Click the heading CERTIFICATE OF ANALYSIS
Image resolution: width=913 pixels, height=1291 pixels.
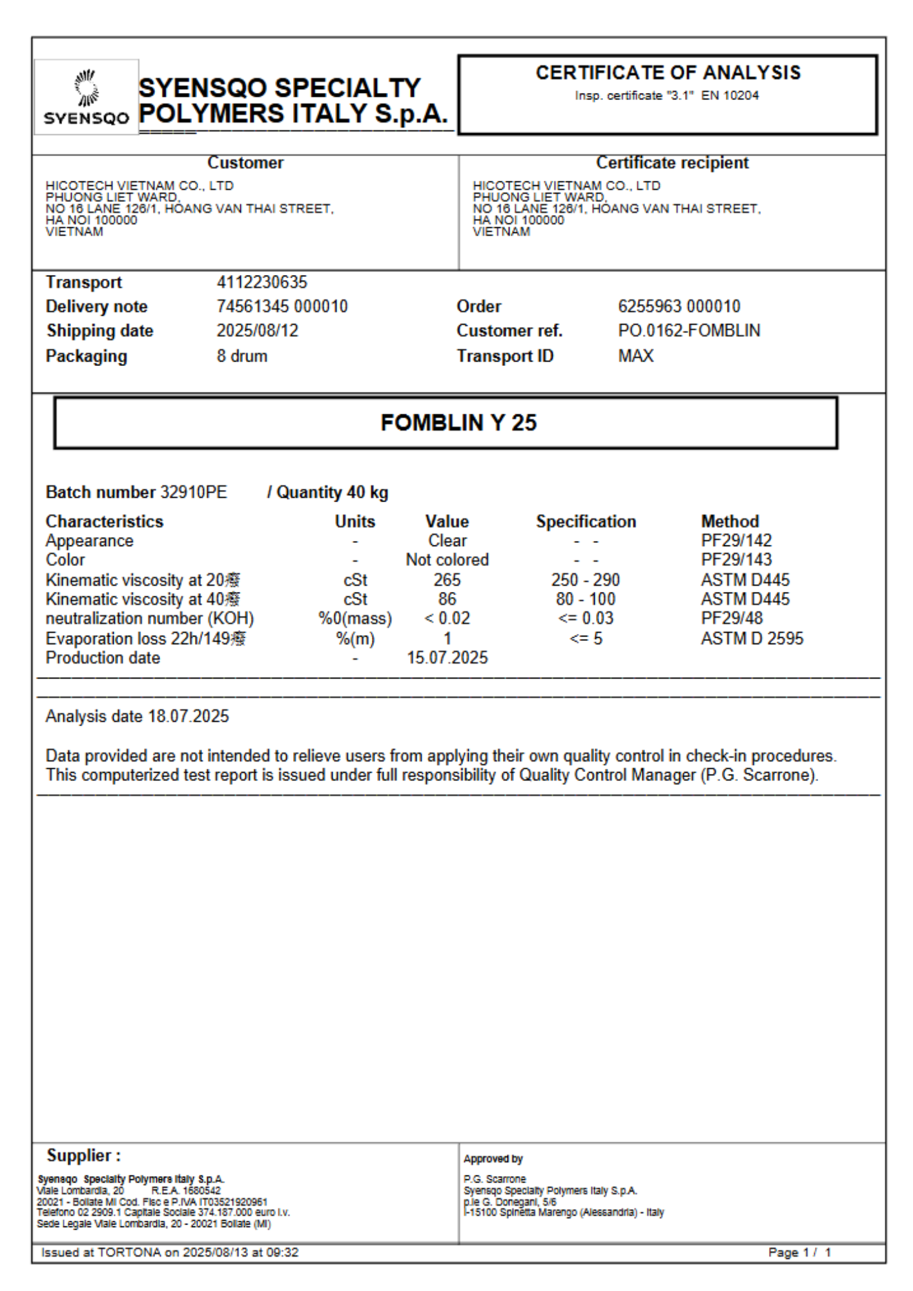(668, 73)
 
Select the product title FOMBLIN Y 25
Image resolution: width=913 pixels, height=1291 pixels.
(458, 423)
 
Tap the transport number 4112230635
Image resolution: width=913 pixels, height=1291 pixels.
(262, 282)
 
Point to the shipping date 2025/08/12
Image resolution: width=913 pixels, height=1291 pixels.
(258, 330)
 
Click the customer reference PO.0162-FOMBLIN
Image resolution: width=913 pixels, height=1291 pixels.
(689, 330)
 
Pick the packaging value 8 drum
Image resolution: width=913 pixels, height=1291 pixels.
(242, 356)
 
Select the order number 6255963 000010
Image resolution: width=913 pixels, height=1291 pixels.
(679, 306)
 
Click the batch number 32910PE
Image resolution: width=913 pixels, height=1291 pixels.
(194, 493)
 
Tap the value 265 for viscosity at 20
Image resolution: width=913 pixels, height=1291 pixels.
(447, 580)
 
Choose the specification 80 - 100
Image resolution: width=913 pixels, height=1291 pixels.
(586, 599)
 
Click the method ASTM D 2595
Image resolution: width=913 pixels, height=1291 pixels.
(752, 638)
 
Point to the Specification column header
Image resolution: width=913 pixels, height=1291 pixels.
(586, 521)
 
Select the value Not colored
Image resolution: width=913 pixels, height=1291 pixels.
(447, 560)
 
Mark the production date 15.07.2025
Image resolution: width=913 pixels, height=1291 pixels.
(447, 658)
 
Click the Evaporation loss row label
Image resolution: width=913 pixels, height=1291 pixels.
(145, 638)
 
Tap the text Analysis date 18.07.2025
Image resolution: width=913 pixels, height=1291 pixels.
(137, 717)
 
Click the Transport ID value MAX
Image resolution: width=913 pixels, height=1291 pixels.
(636, 356)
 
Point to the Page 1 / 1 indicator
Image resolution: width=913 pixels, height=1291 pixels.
(799, 1252)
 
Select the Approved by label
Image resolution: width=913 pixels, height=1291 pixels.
(493, 1159)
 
